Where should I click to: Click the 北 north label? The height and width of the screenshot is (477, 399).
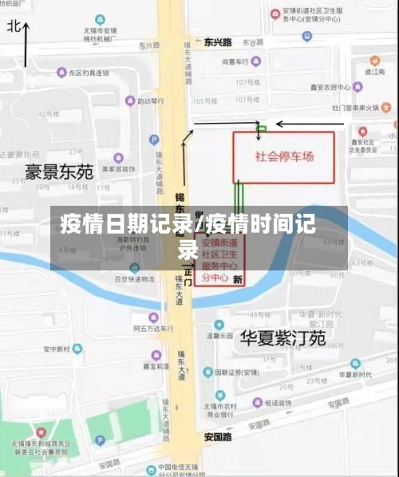pyautogui.click(x=14, y=26)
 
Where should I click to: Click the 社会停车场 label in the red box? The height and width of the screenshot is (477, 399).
pyautogui.click(x=284, y=156)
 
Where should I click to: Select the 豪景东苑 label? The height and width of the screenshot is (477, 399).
pyautogui.click(x=59, y=171)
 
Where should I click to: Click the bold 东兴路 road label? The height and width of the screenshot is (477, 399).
pyautogui.click(x=217, y=41)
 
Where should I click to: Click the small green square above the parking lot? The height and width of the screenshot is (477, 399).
pyautogui.click(x=261, y=128)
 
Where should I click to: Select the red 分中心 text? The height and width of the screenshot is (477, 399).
pyautogui.click(x=215, y=278)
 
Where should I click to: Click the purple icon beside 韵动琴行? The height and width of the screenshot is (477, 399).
pyautogui.click(x=132, y=101)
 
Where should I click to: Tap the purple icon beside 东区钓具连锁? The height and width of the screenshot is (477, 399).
pyautogui.click(x=61, y=73)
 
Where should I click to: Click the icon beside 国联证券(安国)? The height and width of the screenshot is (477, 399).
pyautogui.click(x=207, y=372)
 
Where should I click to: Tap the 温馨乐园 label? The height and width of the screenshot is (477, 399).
pyautogui.click(x=219, y=335)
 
